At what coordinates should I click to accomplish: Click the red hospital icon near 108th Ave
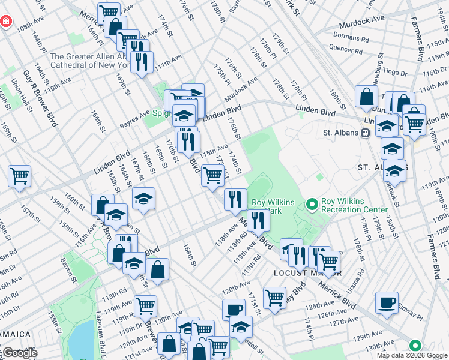(x=5, y=22)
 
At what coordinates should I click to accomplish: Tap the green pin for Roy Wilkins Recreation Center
(x=312, y=205)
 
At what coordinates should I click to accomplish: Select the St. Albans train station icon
(x=364, y=133)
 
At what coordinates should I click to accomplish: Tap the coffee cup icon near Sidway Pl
(x=387, y=302)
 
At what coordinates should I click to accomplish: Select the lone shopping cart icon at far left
(x=19, y=175)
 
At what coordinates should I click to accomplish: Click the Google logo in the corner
(x=19, y=353)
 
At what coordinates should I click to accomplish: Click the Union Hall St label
(x=17, y=95)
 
